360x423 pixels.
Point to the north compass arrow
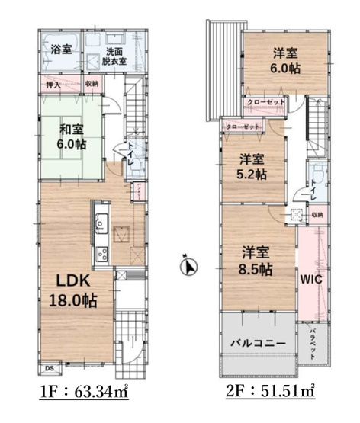pos(189,267)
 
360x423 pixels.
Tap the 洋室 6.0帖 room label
pos(287,61)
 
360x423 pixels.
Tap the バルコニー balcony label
pos(258,343)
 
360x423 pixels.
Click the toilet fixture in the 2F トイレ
pos(314,181)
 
